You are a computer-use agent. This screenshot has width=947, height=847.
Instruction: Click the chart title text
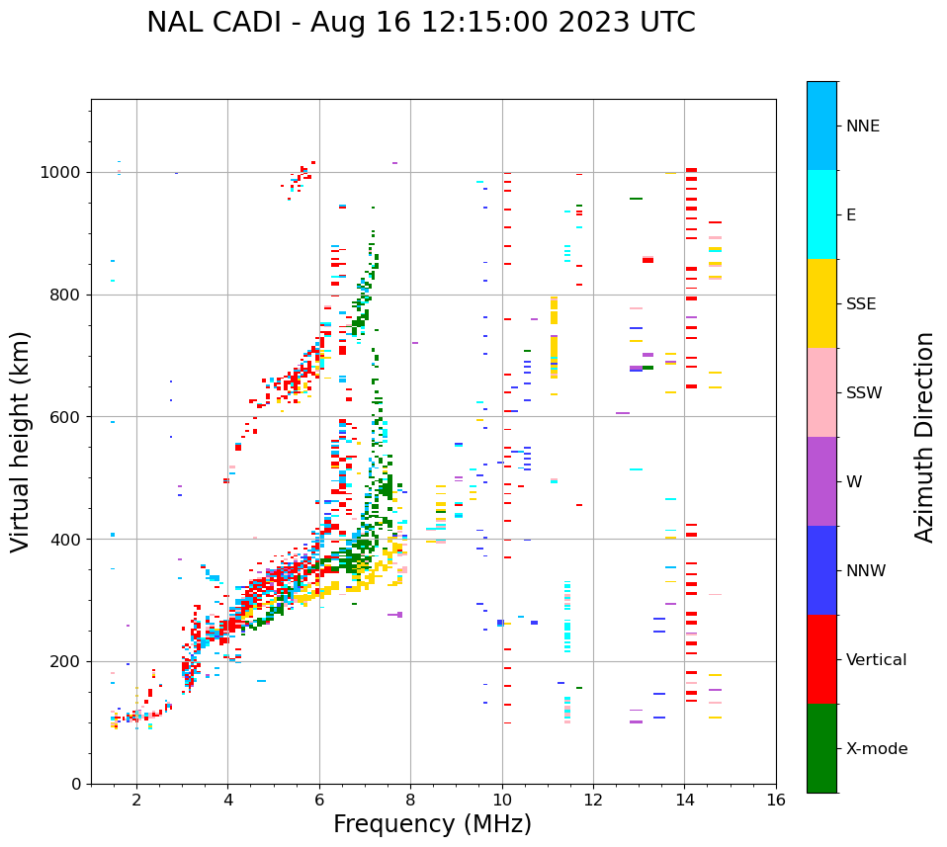[x=420, y=23]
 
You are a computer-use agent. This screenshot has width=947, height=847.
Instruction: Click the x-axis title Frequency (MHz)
[x=432, y=824]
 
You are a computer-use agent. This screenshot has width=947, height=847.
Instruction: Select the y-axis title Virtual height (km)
[x=21, y=441]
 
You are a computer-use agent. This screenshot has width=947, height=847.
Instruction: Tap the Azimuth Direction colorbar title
[x=924, y=436]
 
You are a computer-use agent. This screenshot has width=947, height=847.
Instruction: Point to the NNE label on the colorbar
[x=862, y=127]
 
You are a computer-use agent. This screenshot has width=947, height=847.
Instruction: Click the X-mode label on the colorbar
[x=876, y=749]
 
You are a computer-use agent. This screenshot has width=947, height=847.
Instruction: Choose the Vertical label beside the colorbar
[x=876, y=660]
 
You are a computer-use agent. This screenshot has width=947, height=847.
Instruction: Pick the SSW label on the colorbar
[x=864, y=393]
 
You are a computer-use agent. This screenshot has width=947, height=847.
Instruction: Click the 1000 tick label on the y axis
[x=61, y=172]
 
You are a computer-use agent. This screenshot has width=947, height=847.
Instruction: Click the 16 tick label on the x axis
[x=775, y=801]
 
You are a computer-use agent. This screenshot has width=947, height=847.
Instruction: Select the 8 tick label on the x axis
[x=410, y=801]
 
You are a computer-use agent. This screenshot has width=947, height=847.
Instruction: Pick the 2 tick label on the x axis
[x=136, y=801]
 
